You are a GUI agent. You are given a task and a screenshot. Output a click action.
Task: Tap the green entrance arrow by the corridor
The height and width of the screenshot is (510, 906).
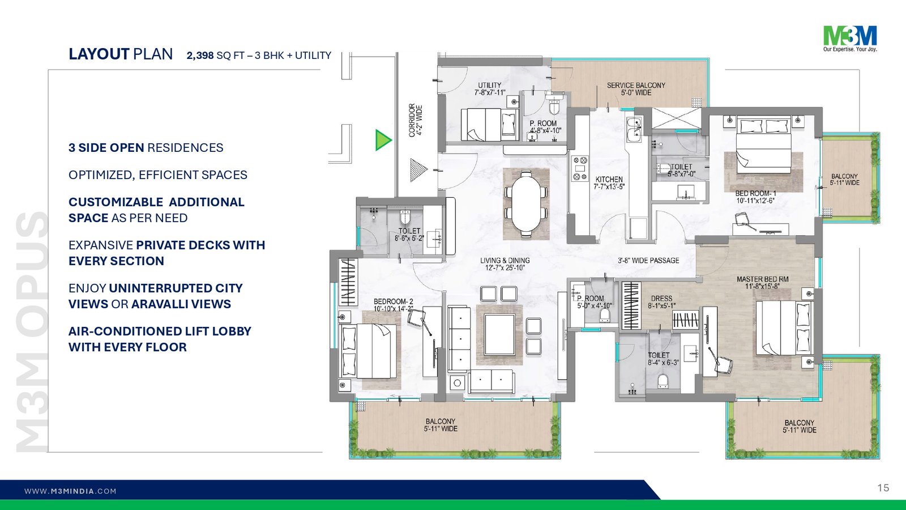[x=383, y=140]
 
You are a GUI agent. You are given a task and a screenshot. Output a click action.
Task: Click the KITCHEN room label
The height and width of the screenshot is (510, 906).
[x=609, y=183]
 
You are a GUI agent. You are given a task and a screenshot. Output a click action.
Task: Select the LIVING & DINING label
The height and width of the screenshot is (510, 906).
[x=505, y=264]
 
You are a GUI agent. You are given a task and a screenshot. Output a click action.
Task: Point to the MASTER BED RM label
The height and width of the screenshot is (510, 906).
[x=762, y=283]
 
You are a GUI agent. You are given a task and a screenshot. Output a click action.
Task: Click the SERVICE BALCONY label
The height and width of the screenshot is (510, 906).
[x=636, y=88]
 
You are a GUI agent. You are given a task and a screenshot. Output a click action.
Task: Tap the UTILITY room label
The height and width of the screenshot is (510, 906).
[x=490, y=88]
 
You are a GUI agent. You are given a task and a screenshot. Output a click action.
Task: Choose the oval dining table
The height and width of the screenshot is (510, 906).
[x=525, y=203]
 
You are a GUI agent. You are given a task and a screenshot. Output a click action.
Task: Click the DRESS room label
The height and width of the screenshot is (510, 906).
[x=661, y=302]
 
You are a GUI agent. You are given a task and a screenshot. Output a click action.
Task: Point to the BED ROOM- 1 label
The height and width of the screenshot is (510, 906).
[x=755, y=197]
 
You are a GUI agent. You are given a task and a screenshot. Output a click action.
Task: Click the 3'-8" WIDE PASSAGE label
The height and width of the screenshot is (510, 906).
[x=648, y=260]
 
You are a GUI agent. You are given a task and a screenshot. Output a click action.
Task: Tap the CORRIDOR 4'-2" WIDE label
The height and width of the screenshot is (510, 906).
[x=416, y=121]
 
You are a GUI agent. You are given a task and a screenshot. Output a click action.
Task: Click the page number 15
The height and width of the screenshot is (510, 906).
[x=883, y=488]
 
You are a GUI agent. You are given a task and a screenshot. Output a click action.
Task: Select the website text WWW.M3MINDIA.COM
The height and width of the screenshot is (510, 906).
[x=70, y=491]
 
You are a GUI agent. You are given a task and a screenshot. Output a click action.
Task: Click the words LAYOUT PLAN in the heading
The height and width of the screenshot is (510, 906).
[x=121, y=54]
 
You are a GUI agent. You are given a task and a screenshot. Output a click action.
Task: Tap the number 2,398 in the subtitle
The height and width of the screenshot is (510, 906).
[x=200, y=56]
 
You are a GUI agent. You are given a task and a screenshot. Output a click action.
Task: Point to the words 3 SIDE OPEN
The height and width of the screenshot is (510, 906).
[x=106, y=148]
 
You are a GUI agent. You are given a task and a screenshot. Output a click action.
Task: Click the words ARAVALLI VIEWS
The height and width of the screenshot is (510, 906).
[x=181, y=304]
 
